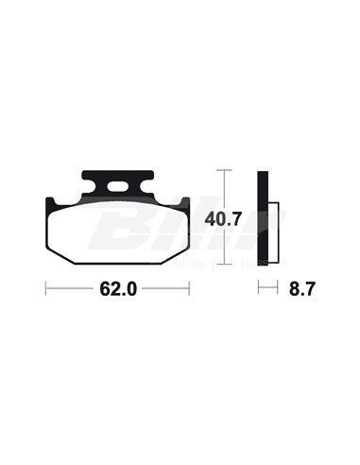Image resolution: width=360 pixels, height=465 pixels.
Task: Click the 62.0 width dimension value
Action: click(118, 291)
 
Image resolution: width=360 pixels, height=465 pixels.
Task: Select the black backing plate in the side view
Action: click(265, 216)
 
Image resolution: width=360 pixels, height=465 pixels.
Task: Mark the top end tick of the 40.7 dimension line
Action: click(223, 170)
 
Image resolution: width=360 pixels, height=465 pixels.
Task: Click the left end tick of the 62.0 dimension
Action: click(46, 290)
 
